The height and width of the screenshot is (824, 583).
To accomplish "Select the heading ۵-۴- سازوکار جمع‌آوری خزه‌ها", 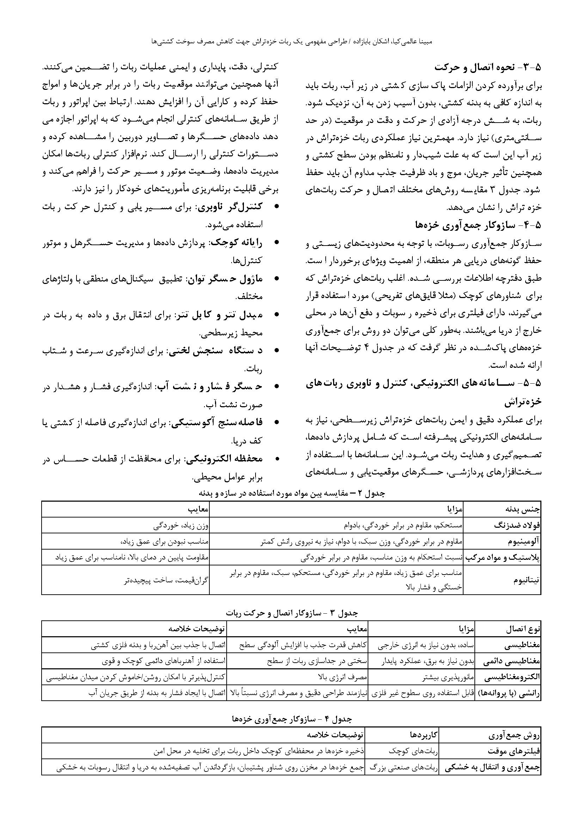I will pos(478,225).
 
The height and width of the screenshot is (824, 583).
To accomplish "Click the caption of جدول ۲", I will pos(291,494).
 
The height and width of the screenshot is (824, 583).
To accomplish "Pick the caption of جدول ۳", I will pos(291,613).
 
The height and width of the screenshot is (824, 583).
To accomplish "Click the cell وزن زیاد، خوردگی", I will pos(181,526).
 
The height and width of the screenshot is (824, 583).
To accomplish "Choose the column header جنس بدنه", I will pos(523,509).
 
